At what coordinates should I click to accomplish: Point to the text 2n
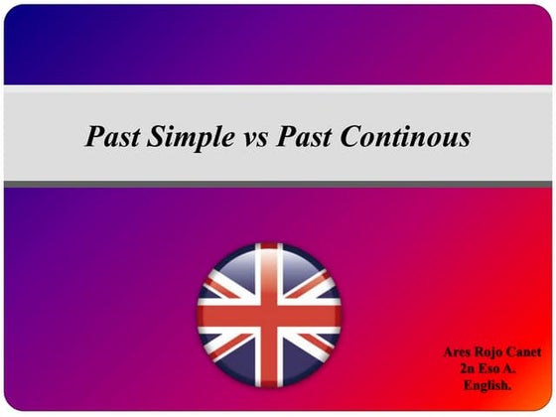pyautogui.click(x=472, y=368)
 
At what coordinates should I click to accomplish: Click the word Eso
pyautogui.click(x=494, y=368)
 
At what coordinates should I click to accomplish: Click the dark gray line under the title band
pyautogui.click(x=278, y=184)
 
